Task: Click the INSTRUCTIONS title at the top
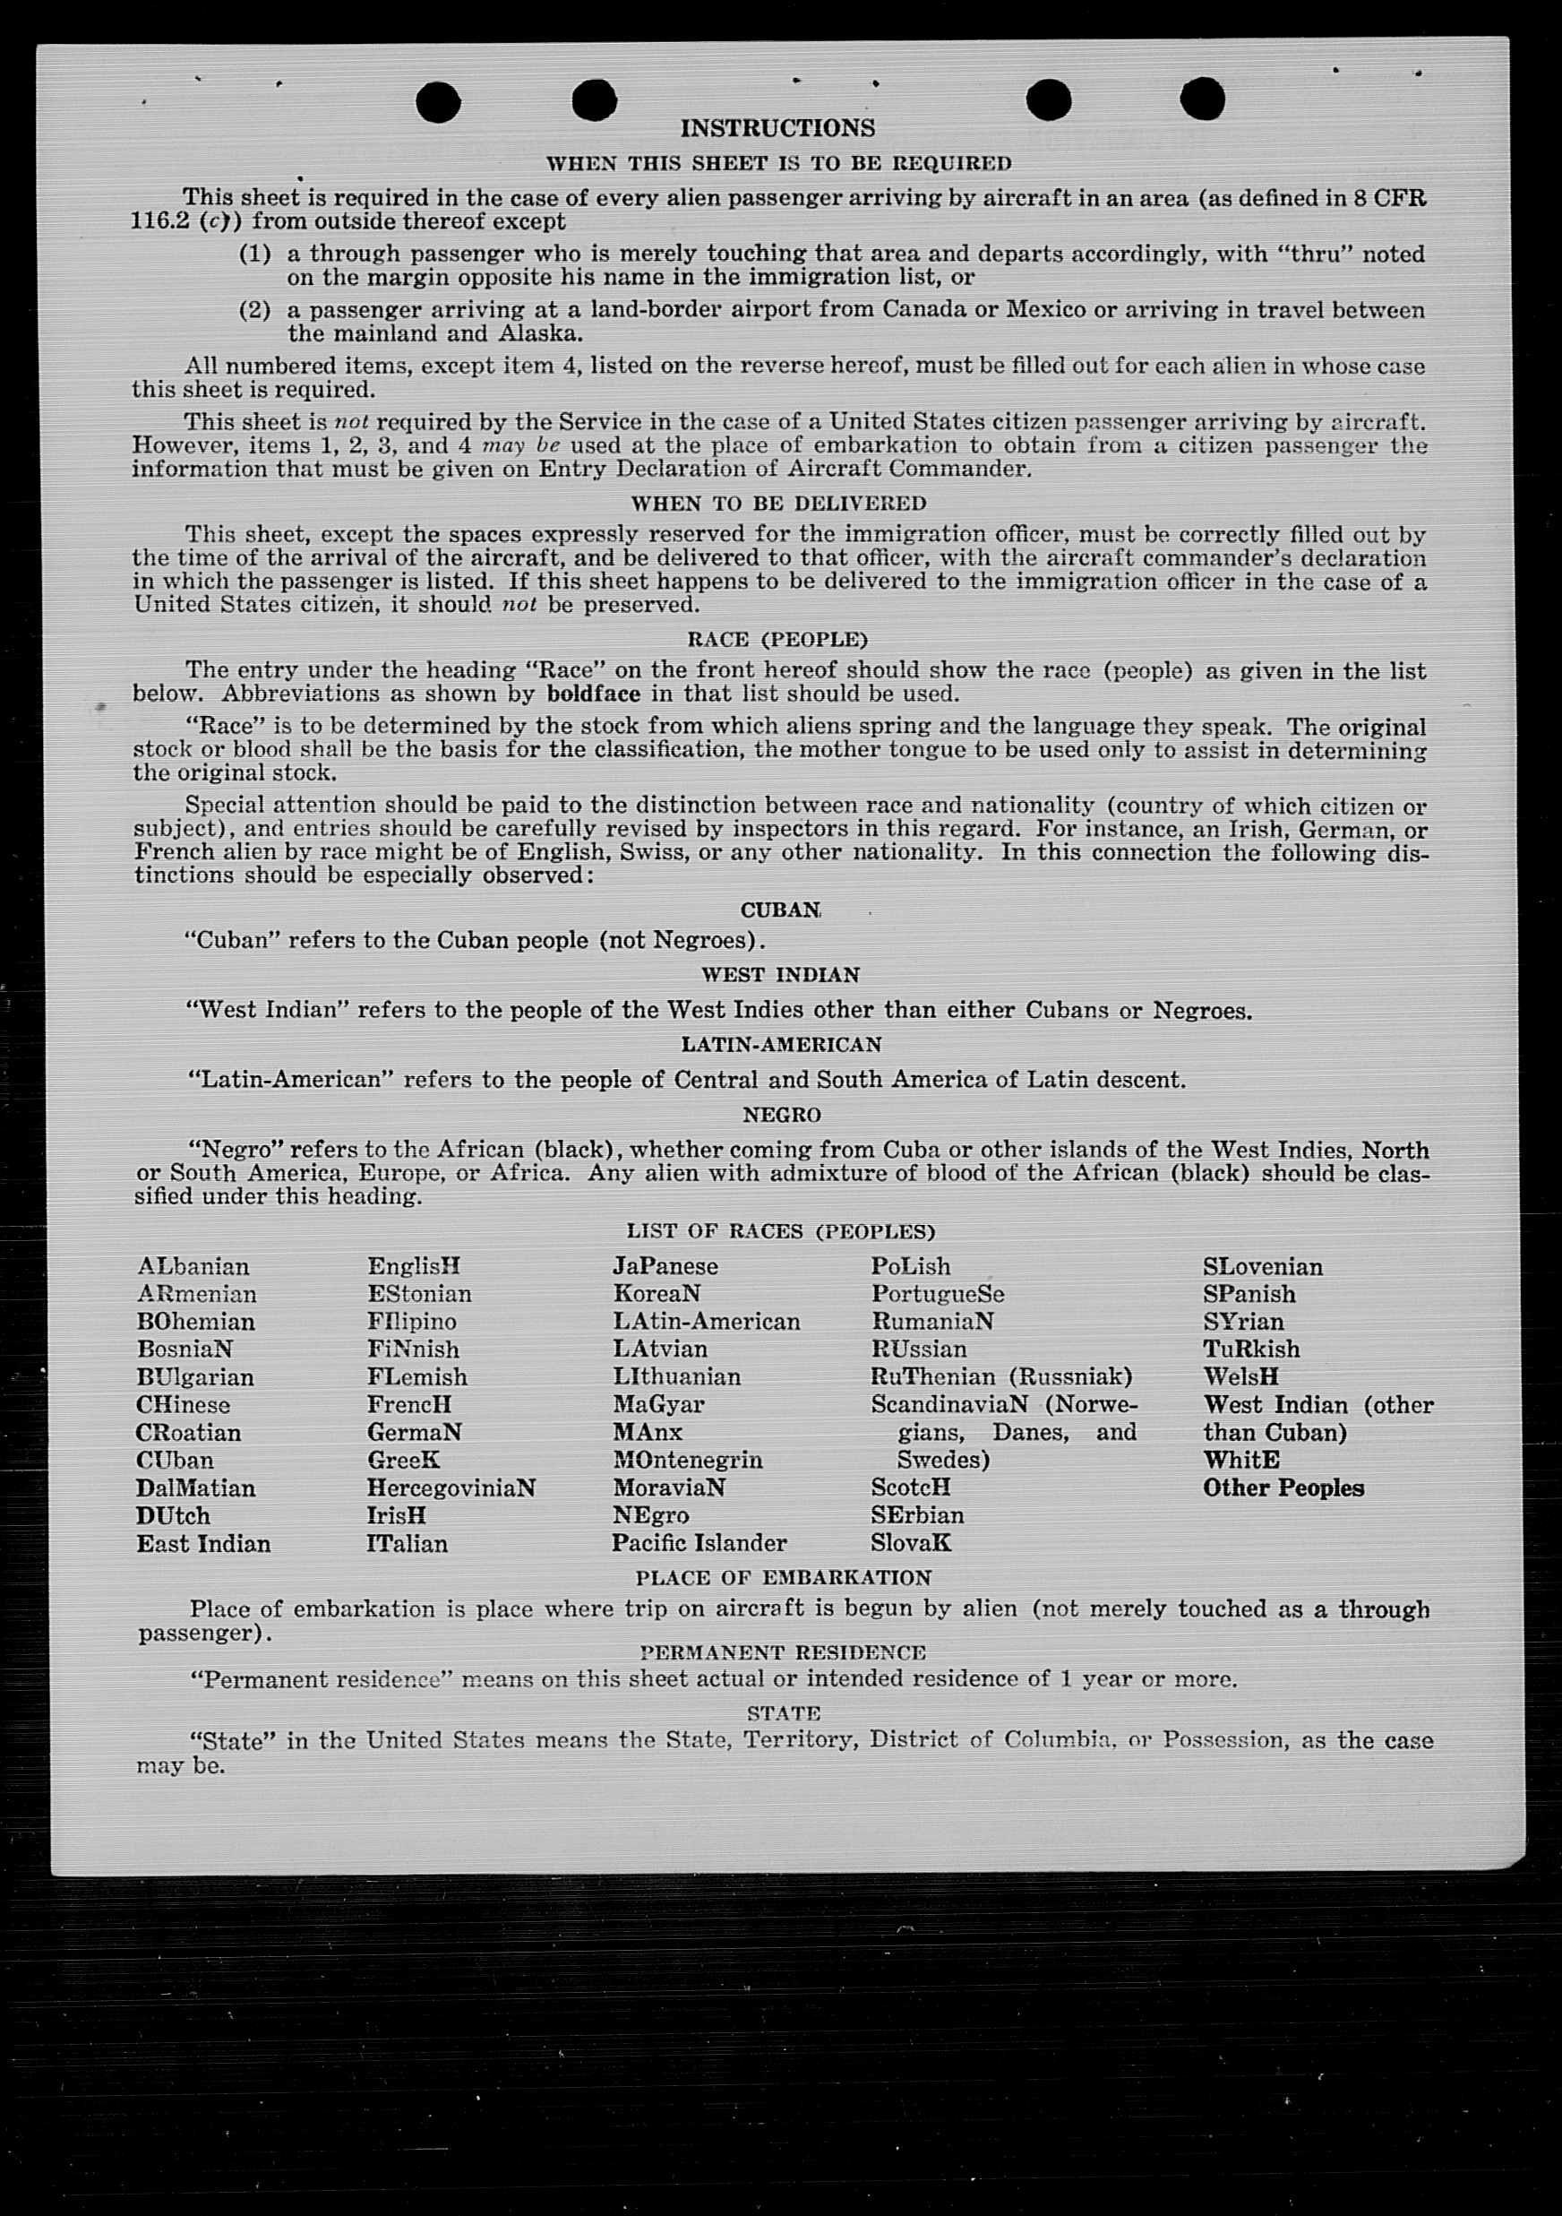(x=777, y=128)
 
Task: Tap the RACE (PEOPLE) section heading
(x=777, y=639)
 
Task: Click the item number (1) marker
(x=254, y=254)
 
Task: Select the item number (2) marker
(x=254, y=310)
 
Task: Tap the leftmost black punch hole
(x=438, y=102)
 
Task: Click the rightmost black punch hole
(x=1202, y=99)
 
